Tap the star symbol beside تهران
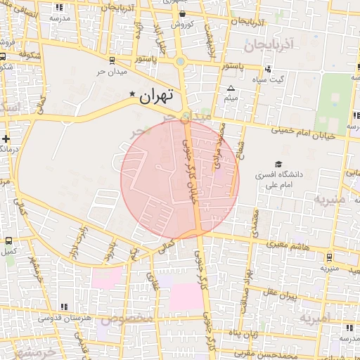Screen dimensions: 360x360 (132, 94)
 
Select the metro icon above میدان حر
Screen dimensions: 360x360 (113, 60)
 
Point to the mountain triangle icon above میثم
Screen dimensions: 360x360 (231, 89)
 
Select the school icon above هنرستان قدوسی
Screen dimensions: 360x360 (65, 307)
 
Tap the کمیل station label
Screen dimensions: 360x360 (9, 251)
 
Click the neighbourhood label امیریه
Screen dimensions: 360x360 (315, 318)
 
